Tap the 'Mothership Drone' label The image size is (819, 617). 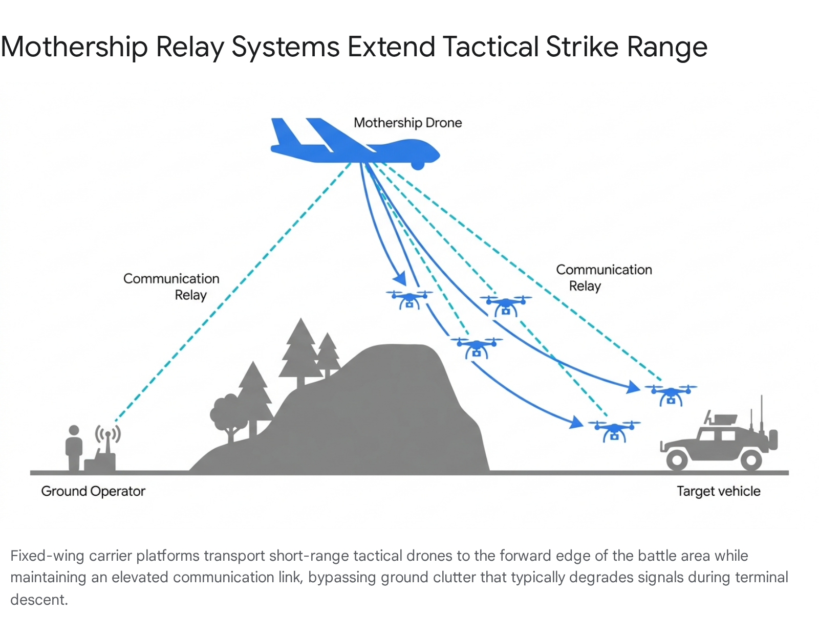(x=407, y=123)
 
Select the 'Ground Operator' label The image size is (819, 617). (x=93, y=491)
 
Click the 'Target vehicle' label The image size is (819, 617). (x=718, y=491)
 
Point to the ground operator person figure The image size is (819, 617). (x=74, y=448)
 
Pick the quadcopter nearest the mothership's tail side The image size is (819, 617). (x=409, y=299)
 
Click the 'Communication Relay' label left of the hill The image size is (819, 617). (x=172, y=287)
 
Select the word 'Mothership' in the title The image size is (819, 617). (x=74, y=47)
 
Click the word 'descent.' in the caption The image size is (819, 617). (x=39, y=600)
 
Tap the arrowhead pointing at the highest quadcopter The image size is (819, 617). (x=400, y=279)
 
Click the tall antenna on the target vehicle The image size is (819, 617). (x=762, y=414)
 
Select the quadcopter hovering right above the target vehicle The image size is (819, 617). (x=671, y=394)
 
